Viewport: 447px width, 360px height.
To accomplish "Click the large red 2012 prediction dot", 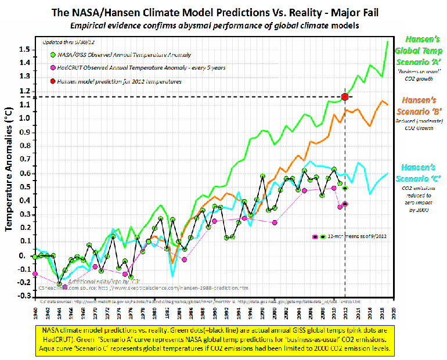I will (345, 96).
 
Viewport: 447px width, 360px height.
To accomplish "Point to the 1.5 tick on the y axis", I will (24, 49).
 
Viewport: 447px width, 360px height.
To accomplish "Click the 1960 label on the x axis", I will (35, 311).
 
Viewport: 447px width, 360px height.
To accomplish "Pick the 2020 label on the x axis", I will (394, 311).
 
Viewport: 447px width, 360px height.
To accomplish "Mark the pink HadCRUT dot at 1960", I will (35, 273).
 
